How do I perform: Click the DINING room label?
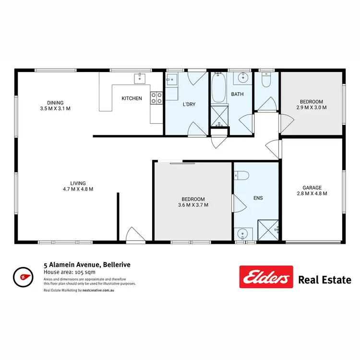pos(55,102)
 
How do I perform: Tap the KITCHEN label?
pos(132,98)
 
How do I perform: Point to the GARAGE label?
pos(312,188)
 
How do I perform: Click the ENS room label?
pos(258,197)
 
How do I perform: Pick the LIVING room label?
pos(78,183)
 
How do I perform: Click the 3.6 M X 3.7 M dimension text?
pos(193,205)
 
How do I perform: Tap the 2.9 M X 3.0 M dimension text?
pos(312,108)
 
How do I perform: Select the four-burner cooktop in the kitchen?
pos(156,98)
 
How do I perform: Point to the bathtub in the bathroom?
pos(219,88)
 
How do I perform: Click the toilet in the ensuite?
pos(241,176)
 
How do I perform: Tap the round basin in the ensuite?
pos(244,234)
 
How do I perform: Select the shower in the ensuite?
pos(268,229)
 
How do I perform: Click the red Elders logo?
pos(266,277)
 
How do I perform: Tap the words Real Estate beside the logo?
pos(324,280)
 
